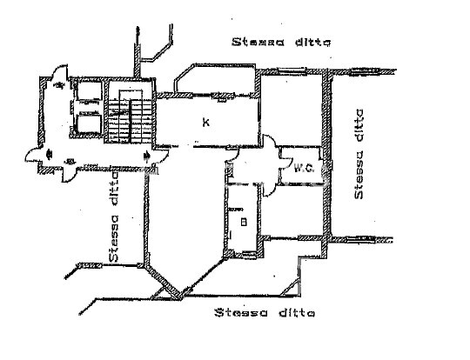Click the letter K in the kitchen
click(206, 123)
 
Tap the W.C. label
click(304, 169)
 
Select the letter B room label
click(244, 222)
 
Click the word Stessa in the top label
click(258, 42)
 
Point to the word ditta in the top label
click(313, 42)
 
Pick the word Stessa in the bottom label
click(241, 313)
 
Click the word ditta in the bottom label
click(297, 313)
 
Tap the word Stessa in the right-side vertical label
click(359, 175)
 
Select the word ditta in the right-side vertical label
click(359, 126)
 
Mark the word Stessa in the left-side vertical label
click(114, 238)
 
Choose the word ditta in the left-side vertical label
click(114, 190)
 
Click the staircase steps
click(131, 121)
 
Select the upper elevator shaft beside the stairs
click(89, 90)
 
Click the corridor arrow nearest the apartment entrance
click(147, 156)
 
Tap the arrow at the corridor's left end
click(50, 155)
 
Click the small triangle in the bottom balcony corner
click(291, 288)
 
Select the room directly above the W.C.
click(291, 110)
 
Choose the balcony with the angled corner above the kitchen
click(216, 78)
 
